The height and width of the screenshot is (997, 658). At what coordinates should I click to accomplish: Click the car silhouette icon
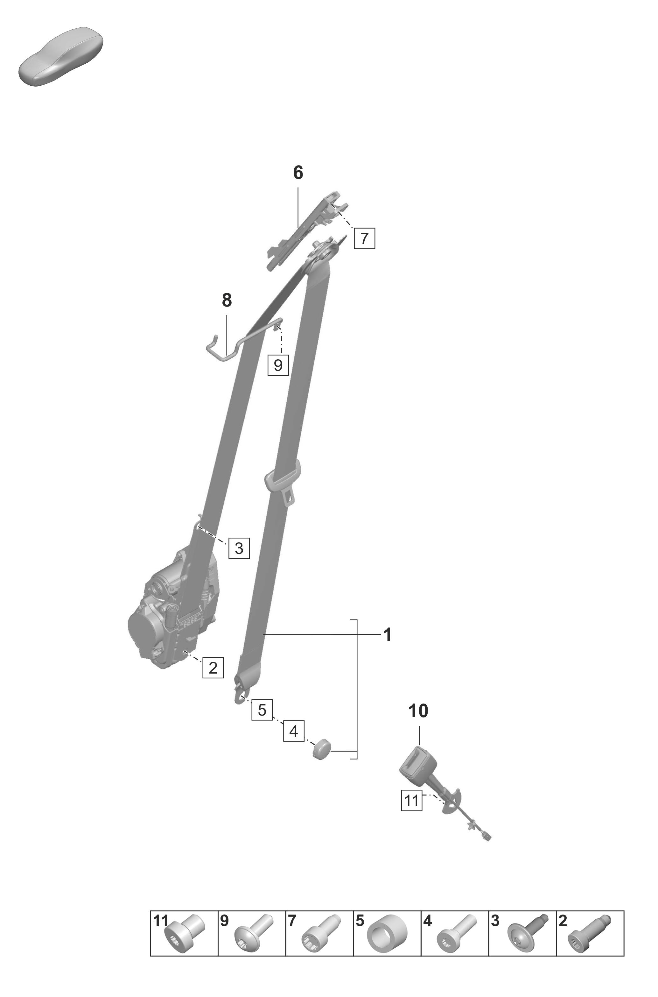61,57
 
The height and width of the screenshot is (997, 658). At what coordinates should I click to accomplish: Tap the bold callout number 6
298,173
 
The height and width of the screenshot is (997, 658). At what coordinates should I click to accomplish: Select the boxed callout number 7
364,238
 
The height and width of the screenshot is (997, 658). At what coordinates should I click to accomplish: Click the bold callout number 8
227,301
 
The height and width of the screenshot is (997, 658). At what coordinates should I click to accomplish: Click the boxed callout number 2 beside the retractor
213,668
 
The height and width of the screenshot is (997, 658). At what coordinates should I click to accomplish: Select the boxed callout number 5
262,710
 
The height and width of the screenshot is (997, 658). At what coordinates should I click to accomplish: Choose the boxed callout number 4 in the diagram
294,731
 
